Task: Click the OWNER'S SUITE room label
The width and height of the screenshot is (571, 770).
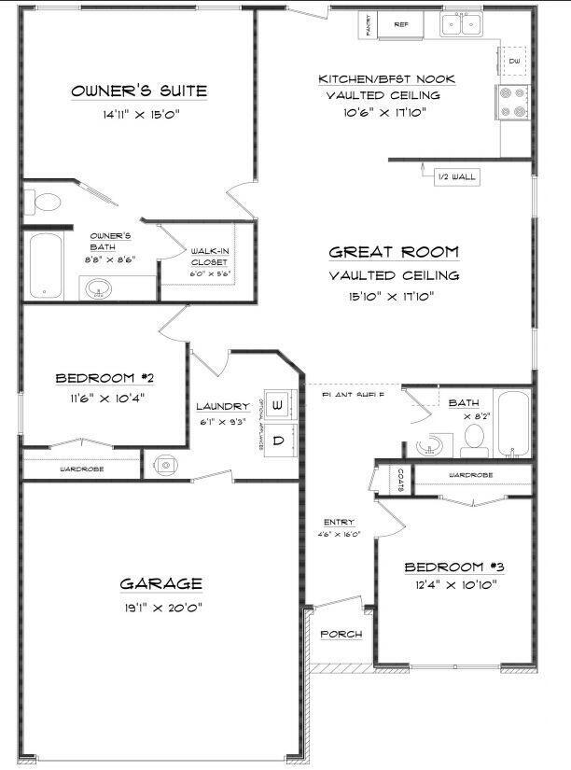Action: (x=139, y=91)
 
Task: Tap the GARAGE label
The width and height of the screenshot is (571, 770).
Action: (x=160, y=584)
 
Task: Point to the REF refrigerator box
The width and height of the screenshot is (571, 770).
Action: (x=401, y=24)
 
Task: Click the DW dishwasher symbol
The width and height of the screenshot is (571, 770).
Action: (x=514, y=61)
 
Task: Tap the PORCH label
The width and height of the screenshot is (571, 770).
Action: (x=341, y=635)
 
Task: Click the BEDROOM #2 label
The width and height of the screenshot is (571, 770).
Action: (x=104, y=378)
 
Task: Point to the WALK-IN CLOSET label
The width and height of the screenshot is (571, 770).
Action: (x=210, y=257)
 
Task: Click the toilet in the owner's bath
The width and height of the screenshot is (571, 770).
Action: (x=43, y=201)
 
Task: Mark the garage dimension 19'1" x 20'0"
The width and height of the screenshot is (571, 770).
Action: (x=160, y=607)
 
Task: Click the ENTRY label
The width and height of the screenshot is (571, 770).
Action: (x=337, y=523)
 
